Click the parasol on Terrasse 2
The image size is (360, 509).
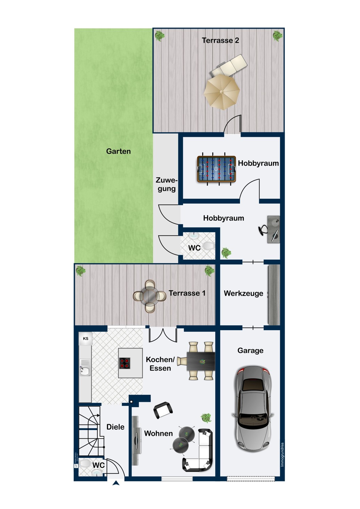click(222, 92)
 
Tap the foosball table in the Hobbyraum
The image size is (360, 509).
click(216, 169)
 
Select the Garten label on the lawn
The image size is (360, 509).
click(118, 151)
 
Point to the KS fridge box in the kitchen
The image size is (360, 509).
click(86, 339)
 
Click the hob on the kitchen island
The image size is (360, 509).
click(125, 363)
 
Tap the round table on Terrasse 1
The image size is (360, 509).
click(149, 296)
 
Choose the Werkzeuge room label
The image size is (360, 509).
click(243, 294)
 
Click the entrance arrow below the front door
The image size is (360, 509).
click(116, 483)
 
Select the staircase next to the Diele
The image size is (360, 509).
click(90, 431)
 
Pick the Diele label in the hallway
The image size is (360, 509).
click(115, 427)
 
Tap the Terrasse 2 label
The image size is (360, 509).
click(220, 40)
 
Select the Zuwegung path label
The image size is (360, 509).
click(166, 185)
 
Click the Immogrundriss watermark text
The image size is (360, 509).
click(282, 455)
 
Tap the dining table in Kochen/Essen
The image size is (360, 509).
click(201, 361)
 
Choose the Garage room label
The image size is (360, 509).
click(250, 351)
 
